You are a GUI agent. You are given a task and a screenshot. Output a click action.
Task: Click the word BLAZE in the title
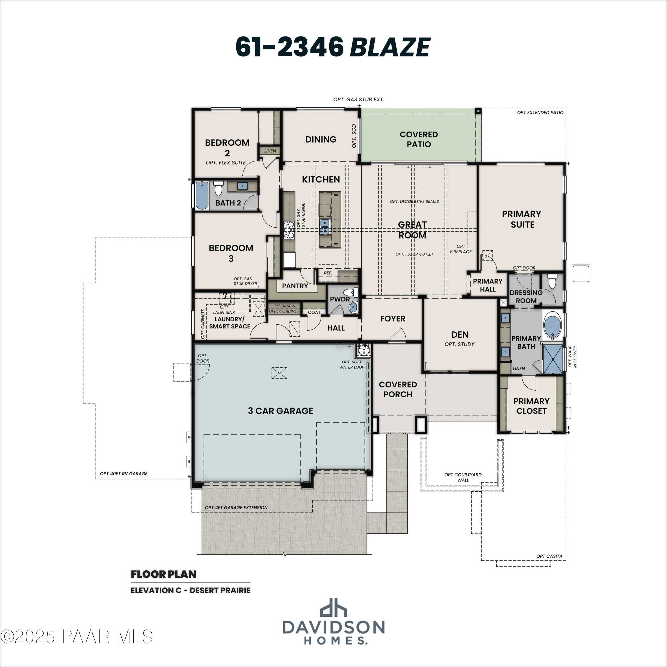390,47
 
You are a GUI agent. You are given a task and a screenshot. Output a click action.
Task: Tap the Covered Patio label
418,139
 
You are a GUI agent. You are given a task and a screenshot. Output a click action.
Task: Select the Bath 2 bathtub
202,196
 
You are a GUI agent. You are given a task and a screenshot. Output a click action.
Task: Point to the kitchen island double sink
325,226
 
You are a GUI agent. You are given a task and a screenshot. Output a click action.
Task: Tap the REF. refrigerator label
328,273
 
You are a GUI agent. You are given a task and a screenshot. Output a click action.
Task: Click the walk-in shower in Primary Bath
553,359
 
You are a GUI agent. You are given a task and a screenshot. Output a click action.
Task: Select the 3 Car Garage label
280,410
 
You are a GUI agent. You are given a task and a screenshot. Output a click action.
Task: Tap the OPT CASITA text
549,556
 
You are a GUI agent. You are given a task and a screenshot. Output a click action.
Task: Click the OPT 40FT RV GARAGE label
123,473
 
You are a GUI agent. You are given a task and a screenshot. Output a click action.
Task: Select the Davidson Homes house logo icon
333,617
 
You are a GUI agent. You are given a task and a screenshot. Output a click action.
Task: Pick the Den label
460,334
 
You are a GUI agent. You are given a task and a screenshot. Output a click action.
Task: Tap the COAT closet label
314,312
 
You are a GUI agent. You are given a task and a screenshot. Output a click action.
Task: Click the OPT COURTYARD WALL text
463,477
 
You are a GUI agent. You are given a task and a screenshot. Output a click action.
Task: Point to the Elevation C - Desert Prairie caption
190,590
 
